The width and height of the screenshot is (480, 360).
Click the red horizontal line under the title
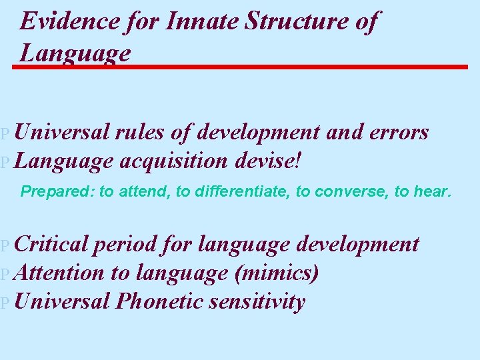tap(240, 67)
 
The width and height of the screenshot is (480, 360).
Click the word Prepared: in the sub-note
tap(58, 192)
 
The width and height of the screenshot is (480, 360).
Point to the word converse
tap(350, 192)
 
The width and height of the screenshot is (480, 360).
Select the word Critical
tap(51, 244)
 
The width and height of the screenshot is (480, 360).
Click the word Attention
tap(58, 273)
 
